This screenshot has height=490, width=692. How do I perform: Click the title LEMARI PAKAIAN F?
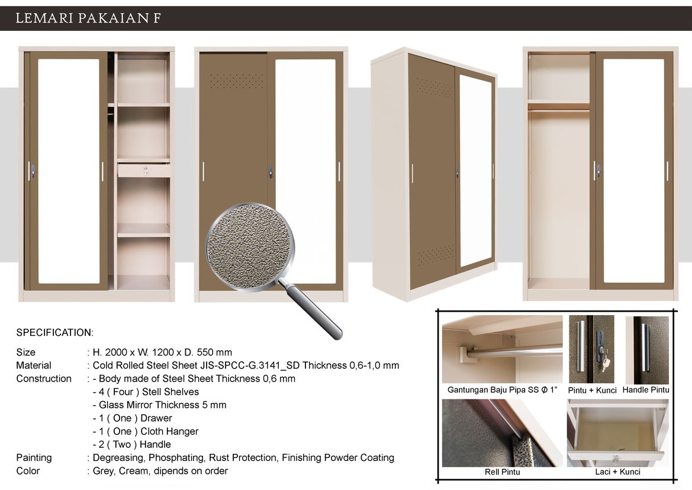coord(88,18)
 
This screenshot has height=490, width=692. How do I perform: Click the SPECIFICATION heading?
coord(54,332)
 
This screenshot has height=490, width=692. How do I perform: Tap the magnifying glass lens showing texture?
coord(250,247)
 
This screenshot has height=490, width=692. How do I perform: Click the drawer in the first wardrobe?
coord(144,169)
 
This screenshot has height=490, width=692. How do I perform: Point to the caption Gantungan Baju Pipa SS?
coord(502,390)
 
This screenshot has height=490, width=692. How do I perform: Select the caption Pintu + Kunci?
coord(592,390)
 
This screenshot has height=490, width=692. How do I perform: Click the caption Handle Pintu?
coord(646,390)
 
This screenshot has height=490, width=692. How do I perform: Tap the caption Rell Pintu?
coord(502,472)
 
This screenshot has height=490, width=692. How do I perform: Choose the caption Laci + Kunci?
coord(617,472)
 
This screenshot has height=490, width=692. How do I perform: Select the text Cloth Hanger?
coord(169,431)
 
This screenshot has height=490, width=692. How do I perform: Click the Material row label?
coord(34,366)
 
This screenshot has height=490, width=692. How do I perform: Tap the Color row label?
coord(28,471)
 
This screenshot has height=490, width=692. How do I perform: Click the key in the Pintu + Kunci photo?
coord(605,364)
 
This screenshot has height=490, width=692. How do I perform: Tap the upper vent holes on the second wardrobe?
coord(237,81)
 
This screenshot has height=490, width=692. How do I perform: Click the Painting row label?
coord(34,458)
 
